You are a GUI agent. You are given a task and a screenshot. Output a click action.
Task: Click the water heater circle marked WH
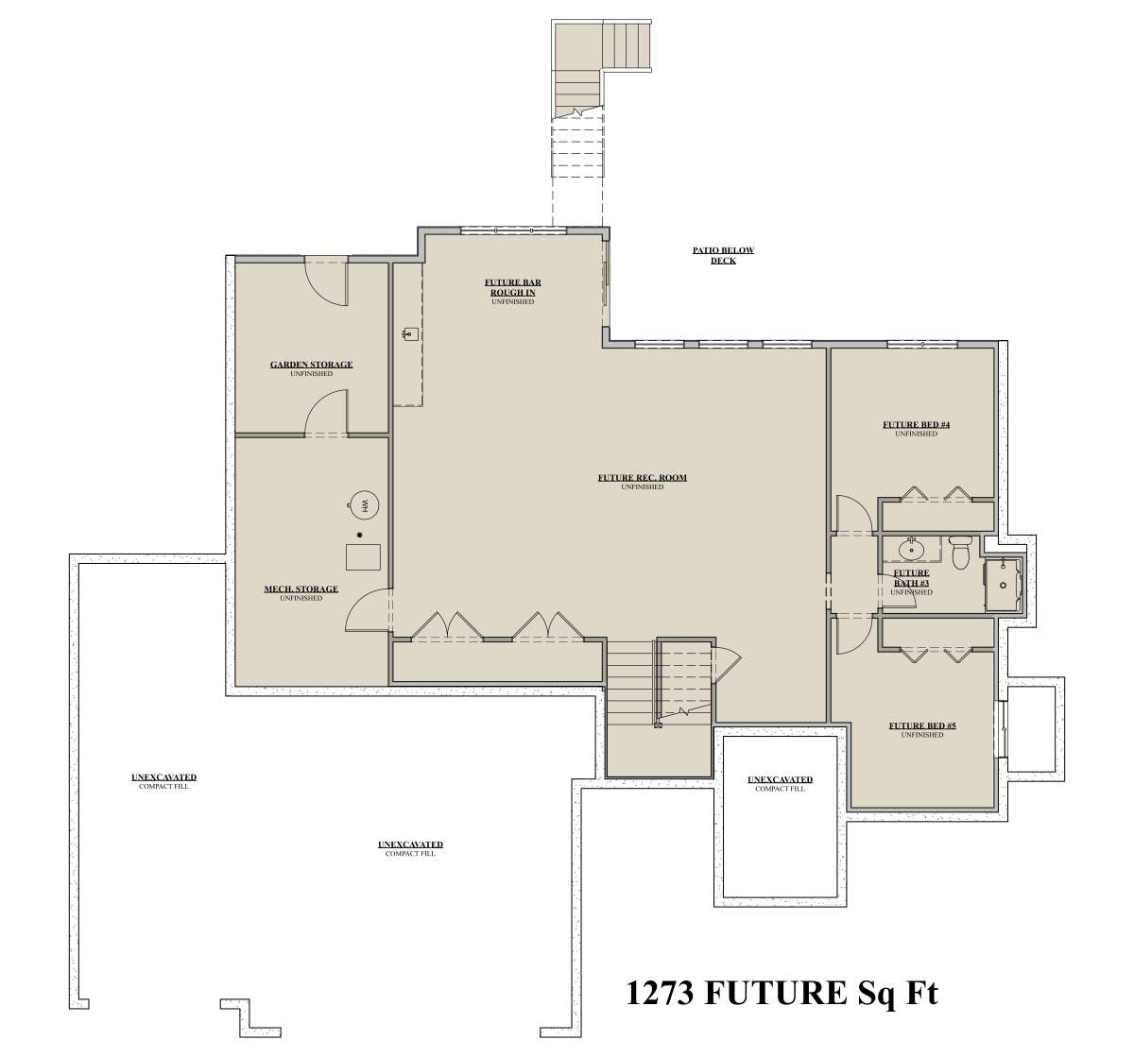pyautogui.click(x=363, y=504)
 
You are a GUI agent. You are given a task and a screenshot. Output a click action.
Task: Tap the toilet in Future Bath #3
pyautogui.click(x=959, y=553)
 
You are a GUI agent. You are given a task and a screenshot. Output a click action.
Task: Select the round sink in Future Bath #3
pyautogui.click(x=911, y=550)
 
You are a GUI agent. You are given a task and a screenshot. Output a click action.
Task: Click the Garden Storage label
pyautogui.click(x=311, y=365)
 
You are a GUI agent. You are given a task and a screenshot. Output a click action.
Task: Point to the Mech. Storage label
pyautogui.click(x=301, y=588)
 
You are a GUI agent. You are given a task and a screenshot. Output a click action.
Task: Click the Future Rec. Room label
pyautogui.click(x=643, y=477)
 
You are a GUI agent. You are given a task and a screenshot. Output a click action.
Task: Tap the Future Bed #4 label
pyautogui.click(x=916, y=424)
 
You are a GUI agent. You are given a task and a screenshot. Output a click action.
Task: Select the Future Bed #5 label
pyautogui.click(x=922, y=725)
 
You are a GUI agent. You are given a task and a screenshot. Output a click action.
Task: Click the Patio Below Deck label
pyautogui.click(x=724, y=255)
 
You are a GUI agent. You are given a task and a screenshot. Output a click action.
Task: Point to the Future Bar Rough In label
pyautogui.click(x=513, y=287)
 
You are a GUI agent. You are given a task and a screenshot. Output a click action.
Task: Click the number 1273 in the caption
pyautogui.click(x=660, y=993)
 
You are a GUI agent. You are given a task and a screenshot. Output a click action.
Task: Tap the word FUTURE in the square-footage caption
pyautogui.click(x=777, y=993)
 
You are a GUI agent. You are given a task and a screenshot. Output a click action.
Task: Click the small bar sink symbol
pyautogui.click(x=410, y=333)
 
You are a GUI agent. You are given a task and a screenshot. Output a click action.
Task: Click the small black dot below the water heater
pyautogui.click(x=360, y=535)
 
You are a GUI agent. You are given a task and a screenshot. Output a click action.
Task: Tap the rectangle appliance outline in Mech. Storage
pyautogui.click(x=363, y=556)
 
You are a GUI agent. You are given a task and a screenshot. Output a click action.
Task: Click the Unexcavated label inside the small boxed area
pyautogui.click(x=780, y=779)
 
